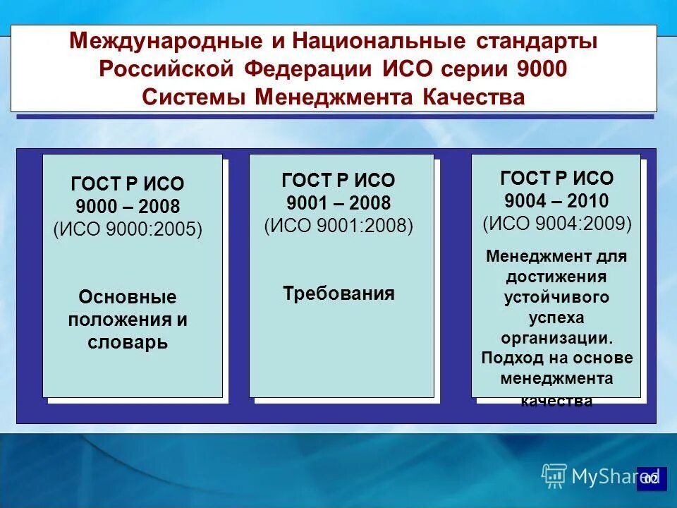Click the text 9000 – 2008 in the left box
coord(128,207)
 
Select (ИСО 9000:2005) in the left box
coord(128,230)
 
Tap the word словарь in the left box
coord(128,343)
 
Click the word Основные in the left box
coord(128,296)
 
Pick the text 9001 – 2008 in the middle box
coord(338,203)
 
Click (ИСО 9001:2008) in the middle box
coord(338,226)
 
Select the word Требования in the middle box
coord(338,294)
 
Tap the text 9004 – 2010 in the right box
coord(557,201)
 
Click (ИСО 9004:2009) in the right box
coord(557,224)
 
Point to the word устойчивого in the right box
coord(557,297)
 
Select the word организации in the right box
coord(556,338)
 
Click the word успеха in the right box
coord(557,317)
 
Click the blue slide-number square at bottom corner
coord(651,479)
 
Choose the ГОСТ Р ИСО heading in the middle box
coord(338,180)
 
